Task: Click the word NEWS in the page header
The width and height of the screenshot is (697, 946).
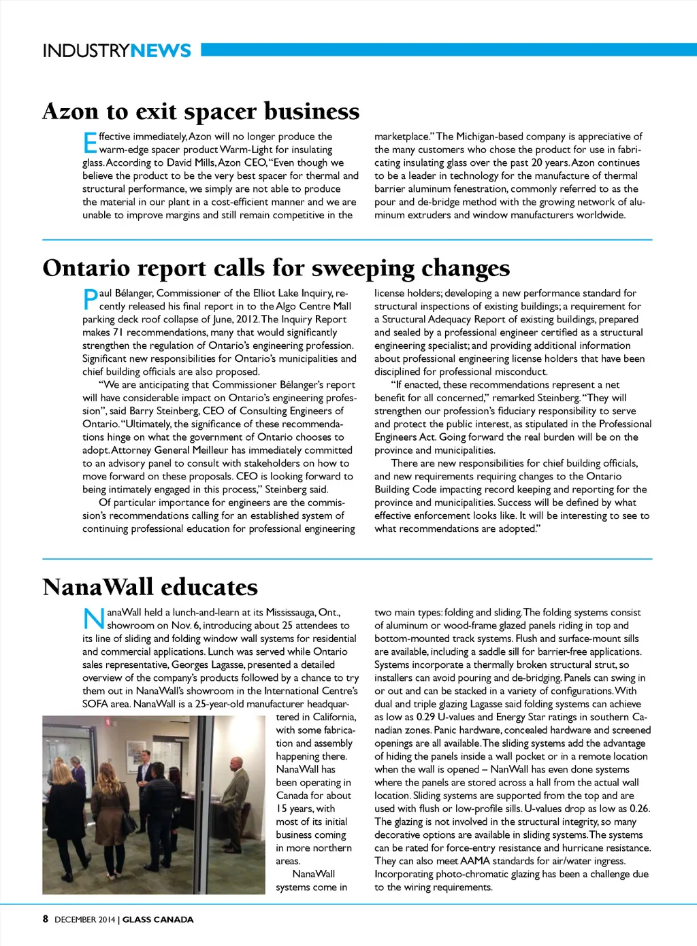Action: point(161,50)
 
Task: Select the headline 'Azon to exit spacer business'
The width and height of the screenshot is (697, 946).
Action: point(201,111)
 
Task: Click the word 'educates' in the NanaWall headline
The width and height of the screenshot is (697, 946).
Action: point(210,587)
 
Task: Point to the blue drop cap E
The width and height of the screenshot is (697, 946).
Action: point(90,143)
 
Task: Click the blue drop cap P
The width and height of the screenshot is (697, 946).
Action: point(90,299)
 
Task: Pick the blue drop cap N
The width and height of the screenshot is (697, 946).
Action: point(94,619)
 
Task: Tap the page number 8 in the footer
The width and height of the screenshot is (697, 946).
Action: point(46,919)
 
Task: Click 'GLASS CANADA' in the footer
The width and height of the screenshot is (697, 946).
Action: point(158,919)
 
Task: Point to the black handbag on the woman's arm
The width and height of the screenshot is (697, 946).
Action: point(129,824)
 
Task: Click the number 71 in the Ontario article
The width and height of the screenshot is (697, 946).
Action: point(117,333)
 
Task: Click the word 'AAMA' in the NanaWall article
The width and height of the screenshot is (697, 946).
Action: point(475,861)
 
